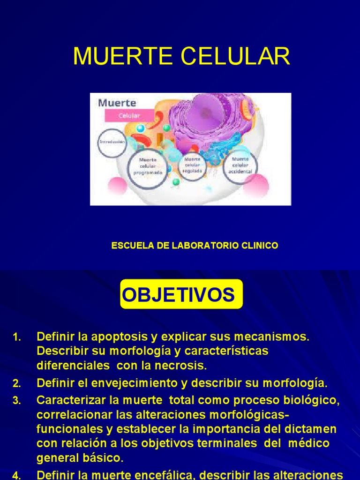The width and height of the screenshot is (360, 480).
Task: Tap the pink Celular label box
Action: (x=129, y=115)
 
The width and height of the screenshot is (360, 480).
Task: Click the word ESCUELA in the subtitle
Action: (x=129, y=245)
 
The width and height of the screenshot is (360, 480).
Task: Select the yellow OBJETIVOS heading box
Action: (x=181, y=295)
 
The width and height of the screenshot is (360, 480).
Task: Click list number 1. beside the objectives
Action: (x=17, y=337)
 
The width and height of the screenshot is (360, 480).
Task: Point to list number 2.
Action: (x=17, y=383)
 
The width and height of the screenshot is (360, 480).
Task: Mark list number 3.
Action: (x=17, y=400)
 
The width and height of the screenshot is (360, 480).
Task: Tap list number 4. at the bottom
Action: (x=17, y=474)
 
